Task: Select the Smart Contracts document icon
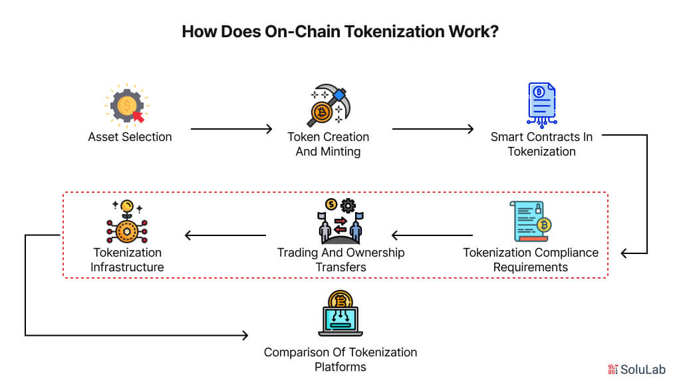point(541,104)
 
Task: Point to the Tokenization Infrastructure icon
point(126,222)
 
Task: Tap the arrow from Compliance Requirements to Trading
point(432,235)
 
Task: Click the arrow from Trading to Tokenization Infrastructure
point(225,235)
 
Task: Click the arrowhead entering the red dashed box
point(624,253)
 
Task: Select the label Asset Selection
point(130,137)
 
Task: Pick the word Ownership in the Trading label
point(374,253)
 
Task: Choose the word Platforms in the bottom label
point(340,366)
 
